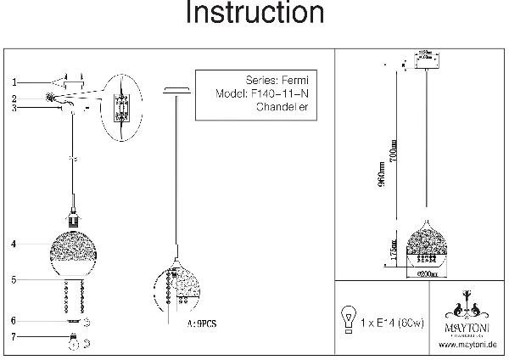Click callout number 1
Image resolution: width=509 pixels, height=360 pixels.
pos(14,82)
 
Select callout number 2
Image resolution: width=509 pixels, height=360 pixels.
pos(14,98)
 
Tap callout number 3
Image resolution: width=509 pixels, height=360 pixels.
pos(14,107)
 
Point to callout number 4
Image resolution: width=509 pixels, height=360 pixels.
pos(14,244)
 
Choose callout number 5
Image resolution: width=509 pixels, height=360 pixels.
pos(14,278)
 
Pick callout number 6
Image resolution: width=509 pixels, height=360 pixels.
pos(14,321)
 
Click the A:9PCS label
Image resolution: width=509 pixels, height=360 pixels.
pos(203,323)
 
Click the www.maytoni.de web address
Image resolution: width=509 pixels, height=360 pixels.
pos(468,344)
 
